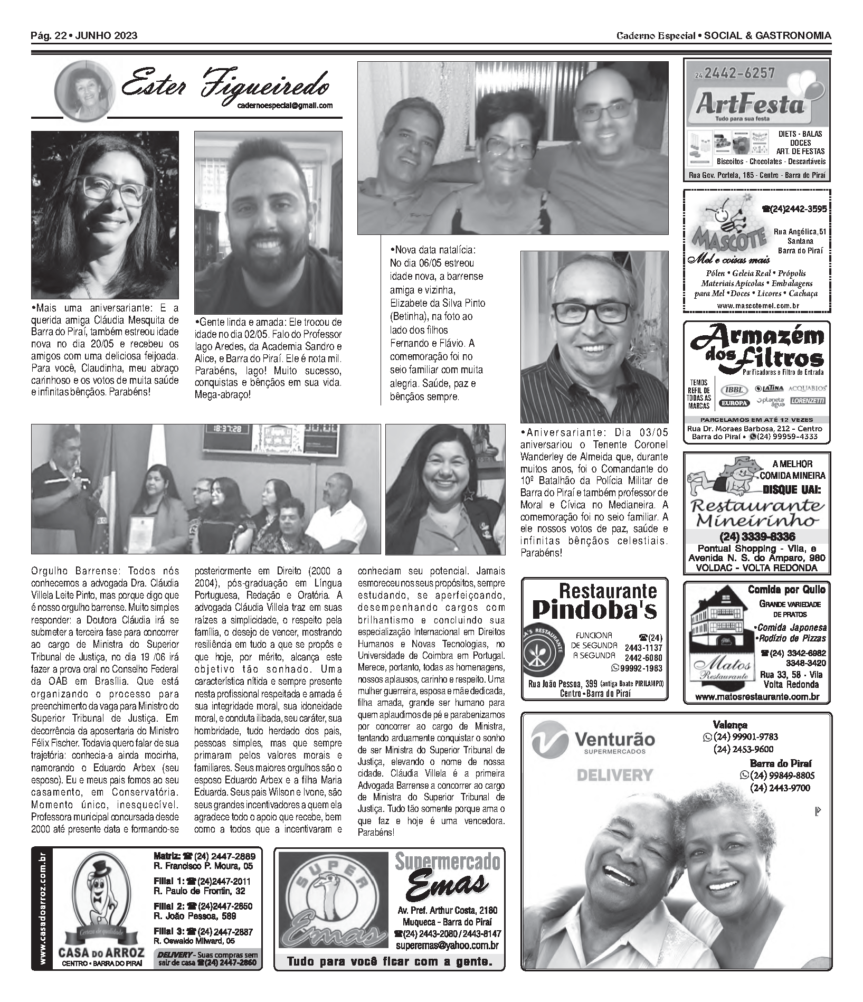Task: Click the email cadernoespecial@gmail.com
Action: coord(285,105)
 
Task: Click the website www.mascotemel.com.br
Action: coord(757,306)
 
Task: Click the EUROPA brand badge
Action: coord(734,403)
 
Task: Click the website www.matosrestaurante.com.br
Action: coord(757,697)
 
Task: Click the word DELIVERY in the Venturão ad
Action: coord(615,776)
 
